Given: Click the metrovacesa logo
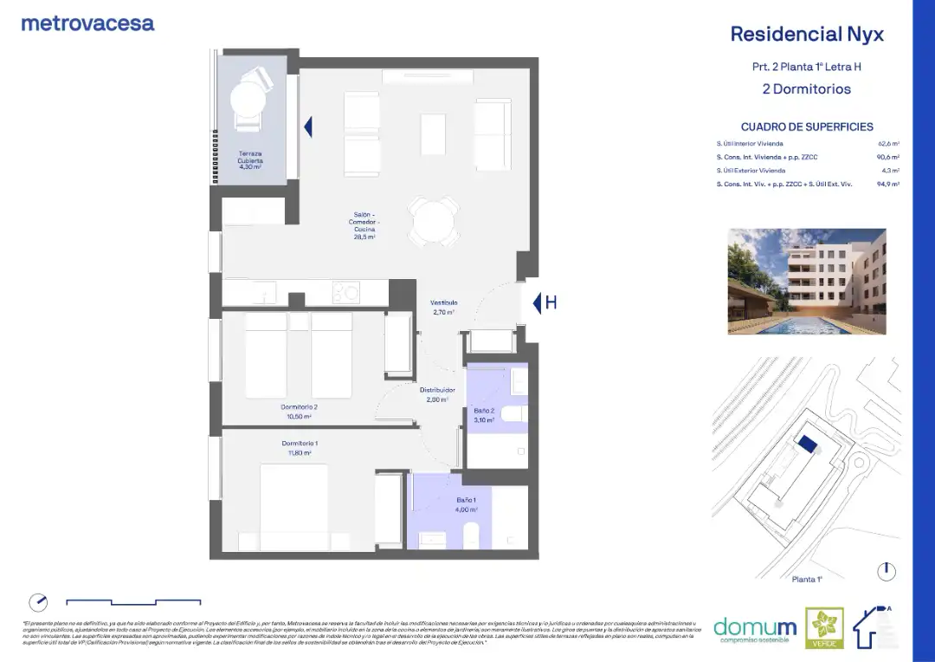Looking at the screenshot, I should (x=87, y=23).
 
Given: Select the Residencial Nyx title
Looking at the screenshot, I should (x=807, y=34).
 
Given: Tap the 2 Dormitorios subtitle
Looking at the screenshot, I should (x=806, y=88).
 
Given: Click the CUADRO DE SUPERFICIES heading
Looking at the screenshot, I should (x=807, y=127).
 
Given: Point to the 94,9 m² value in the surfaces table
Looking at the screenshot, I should (x=888, y=185).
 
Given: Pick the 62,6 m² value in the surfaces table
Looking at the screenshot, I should (x=888, y=143).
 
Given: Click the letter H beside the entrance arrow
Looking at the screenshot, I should (x=551, y=302).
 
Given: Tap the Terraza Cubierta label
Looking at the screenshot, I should (x=250, y=159).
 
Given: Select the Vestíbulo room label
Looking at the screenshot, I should (x=443, y=307).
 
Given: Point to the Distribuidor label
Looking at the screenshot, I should (x=437, y=394).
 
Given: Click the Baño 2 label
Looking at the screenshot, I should (x=484, y=414).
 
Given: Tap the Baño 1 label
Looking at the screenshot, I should (x=467, y=504).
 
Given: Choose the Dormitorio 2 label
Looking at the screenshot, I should (x=299, y=411).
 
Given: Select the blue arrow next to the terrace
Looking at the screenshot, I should (x=307, y=127).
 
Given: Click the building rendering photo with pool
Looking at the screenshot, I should (x=807, y=282).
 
